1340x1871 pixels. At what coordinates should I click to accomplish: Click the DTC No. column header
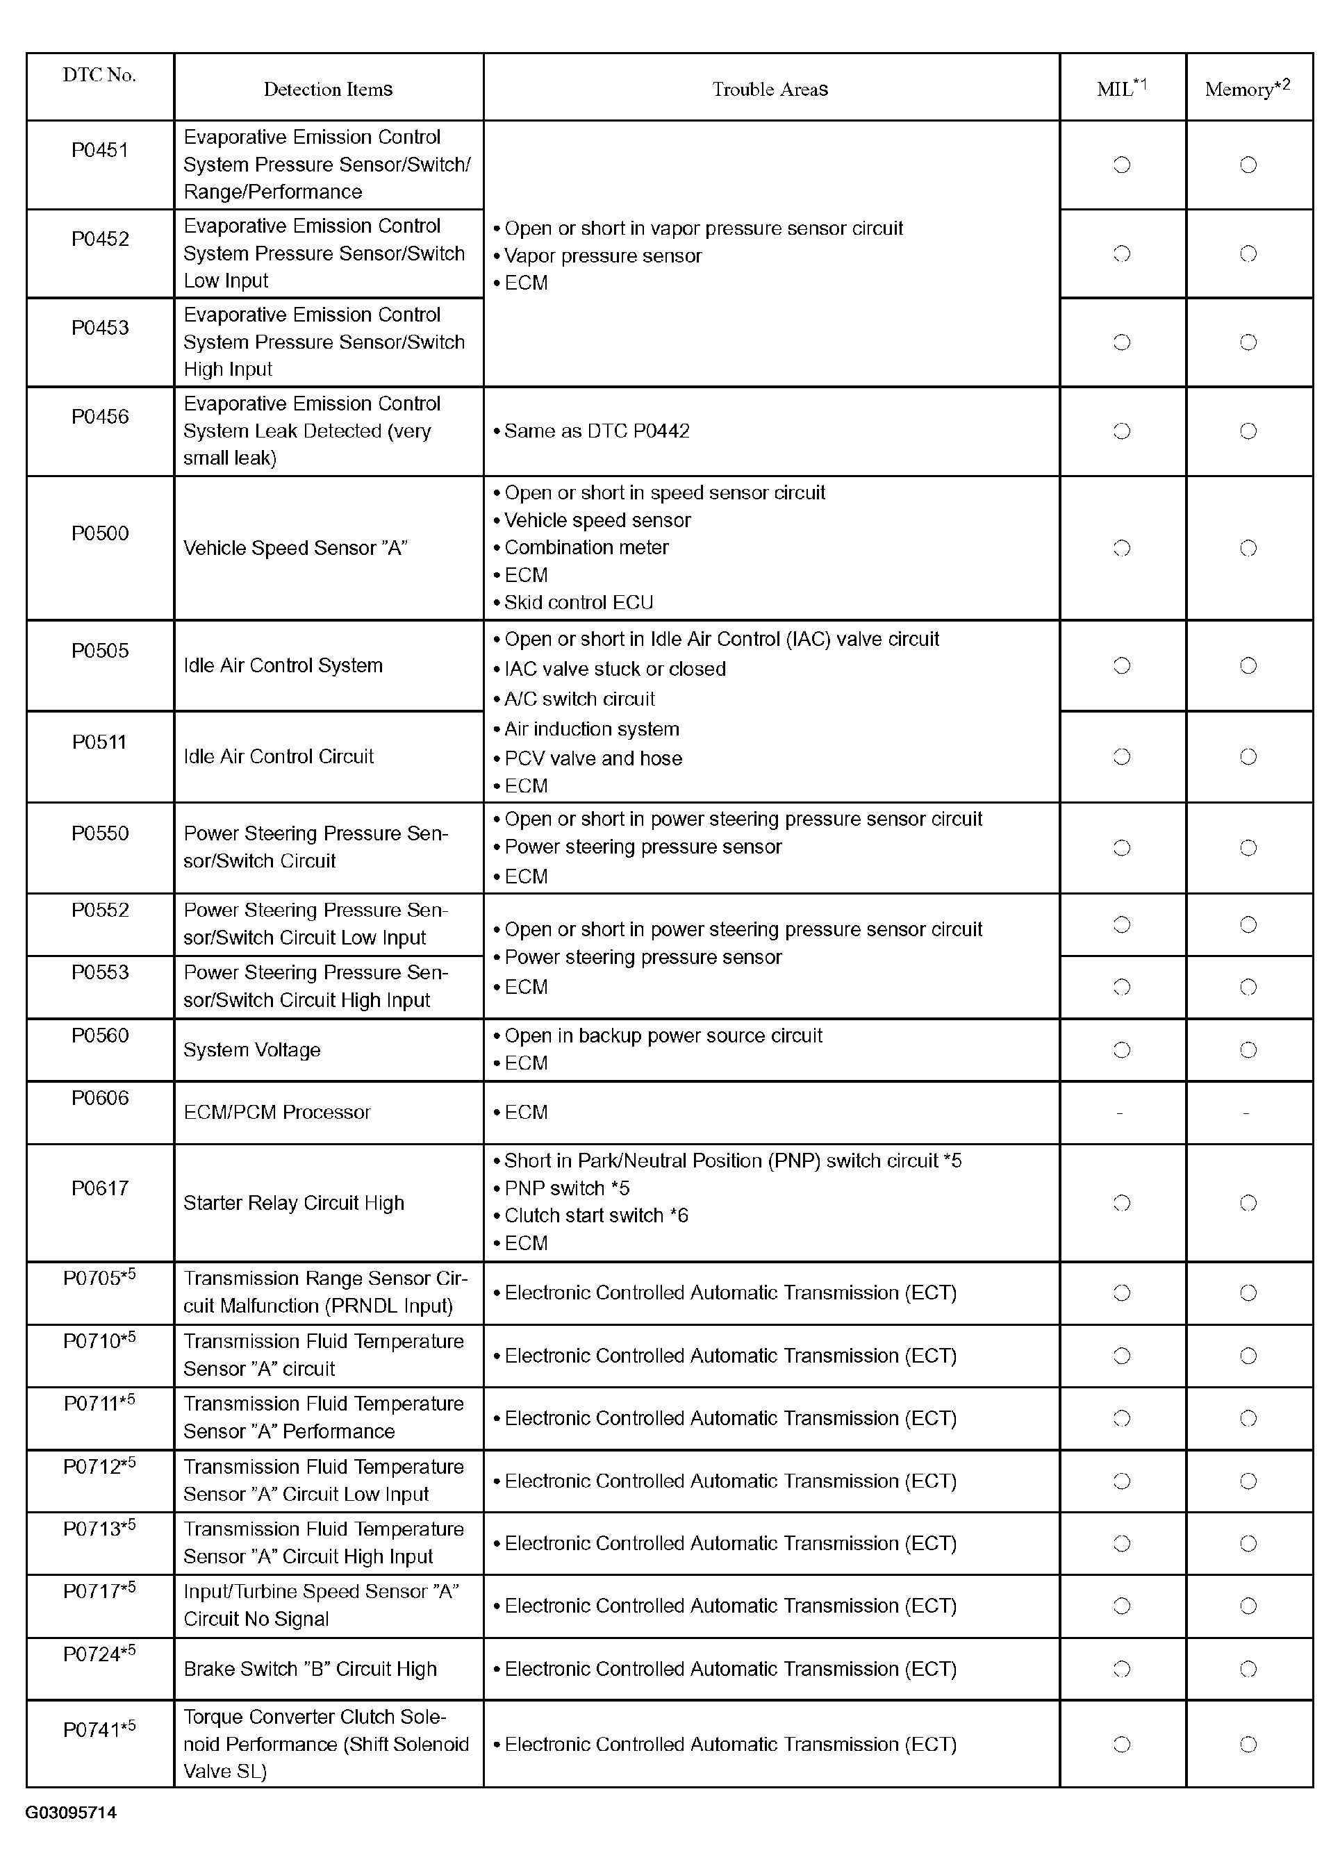(x=99, y=75)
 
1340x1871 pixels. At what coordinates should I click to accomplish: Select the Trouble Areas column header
(x=770, y=89)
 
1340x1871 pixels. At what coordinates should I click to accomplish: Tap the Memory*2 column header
(x=1247, y=88)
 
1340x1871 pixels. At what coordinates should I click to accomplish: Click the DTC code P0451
(x=100, y=150)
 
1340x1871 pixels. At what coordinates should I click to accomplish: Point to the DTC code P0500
(x=100, y=533)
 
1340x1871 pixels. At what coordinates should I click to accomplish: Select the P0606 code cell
(x=100, y=1098)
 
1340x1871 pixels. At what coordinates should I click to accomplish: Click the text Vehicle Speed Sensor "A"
(x=295, y=549)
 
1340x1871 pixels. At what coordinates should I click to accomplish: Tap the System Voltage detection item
(x=251, y=1050)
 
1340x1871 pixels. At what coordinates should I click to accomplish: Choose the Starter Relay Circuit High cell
(x=294, y=1203)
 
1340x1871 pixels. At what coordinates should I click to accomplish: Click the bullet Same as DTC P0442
(x=597, y=431)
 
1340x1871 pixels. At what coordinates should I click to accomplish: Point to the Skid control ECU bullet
(x=579, y=602)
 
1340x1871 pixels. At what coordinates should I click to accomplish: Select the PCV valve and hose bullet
(x=593, y=758)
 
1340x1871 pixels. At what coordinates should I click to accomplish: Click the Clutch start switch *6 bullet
(x=596, y=1215)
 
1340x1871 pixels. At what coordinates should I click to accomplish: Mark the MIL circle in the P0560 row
(x=1121, y=1050)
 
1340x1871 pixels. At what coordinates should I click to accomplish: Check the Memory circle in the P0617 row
(x=1248, y=1203)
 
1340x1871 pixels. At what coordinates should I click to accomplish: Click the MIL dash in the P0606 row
(x=1120, y=1113)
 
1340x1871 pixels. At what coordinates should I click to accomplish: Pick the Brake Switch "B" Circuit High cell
(x=311, y=1669)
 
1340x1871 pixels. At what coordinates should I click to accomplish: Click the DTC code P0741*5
(x=100, y=1729)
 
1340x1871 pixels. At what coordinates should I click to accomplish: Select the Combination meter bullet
(x=586, y=547)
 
